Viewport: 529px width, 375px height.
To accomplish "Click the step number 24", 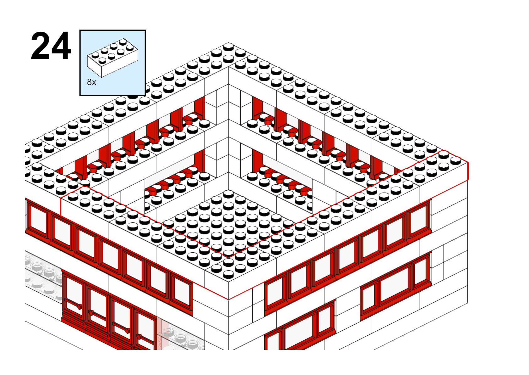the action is click(51, 46).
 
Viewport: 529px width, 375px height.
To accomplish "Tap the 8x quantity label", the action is click(91, 82).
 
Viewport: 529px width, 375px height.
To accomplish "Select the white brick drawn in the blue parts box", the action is click(113, 58).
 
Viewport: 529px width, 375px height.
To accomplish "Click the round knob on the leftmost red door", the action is click(79, 307).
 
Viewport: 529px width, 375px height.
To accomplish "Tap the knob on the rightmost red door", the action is click(139, 336).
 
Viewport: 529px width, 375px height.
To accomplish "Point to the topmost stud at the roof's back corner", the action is click(228, 47).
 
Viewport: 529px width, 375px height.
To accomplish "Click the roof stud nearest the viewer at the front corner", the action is click(228, 274).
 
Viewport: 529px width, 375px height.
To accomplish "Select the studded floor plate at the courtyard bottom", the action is click(228, 225).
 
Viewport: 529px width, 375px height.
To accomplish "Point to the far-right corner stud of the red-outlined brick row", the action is click(456, 160).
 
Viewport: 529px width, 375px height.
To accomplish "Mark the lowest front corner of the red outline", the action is click(228, 299).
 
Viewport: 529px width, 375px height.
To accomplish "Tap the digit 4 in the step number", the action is click(61, 46).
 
